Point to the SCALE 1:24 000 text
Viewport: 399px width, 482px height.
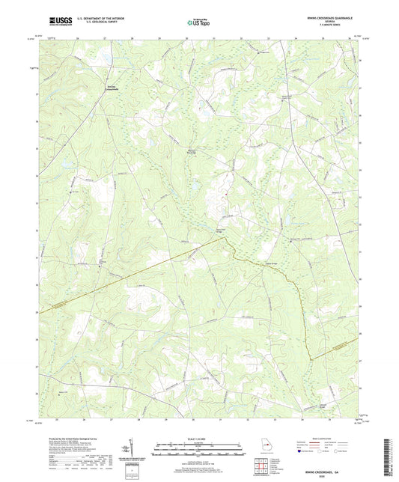(198, 440)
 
